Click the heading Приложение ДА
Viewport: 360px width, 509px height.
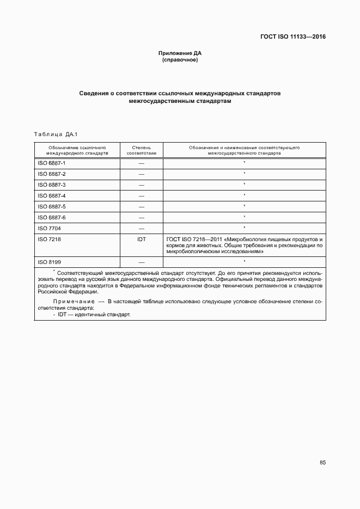click(x=180, y=53)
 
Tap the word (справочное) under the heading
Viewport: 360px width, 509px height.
click(x=180, y=60)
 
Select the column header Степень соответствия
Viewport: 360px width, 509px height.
click(x=141, y=150)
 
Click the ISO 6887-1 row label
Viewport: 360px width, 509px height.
click(x=52, y=163)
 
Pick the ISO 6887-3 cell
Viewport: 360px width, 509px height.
click(x=52, y=185)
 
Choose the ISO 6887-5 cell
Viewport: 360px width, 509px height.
click(x=52, y=207)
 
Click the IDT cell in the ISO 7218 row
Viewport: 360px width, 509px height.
click(x=141, y=239)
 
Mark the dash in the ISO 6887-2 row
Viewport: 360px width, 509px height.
click(x=141, y=174)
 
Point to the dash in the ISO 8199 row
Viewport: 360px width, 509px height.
click(x=141, y=262)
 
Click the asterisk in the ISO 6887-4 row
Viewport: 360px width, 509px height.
click(x=245, y=195)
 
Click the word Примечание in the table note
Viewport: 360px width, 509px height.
click(x=74, y=301)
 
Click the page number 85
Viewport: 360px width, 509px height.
click(x=322, y=463)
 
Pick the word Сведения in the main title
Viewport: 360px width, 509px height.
click(x=93, y=94)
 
